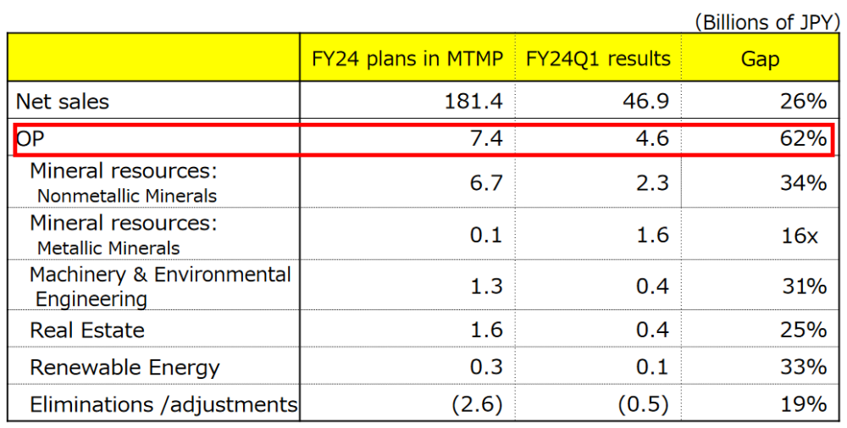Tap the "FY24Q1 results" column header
point(598,58)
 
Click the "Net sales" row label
point(63,102)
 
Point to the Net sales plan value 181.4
point(473,102)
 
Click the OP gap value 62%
point(803,139)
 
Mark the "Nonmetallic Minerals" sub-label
point(126,196)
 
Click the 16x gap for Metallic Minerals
point(800,236)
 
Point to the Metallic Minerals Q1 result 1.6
point(652,236)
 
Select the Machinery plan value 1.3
point(485,286)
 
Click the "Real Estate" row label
point(87,330)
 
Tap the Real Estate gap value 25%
point(803,330)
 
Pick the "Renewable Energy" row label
point(125,367)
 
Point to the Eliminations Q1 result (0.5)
point(645,404)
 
